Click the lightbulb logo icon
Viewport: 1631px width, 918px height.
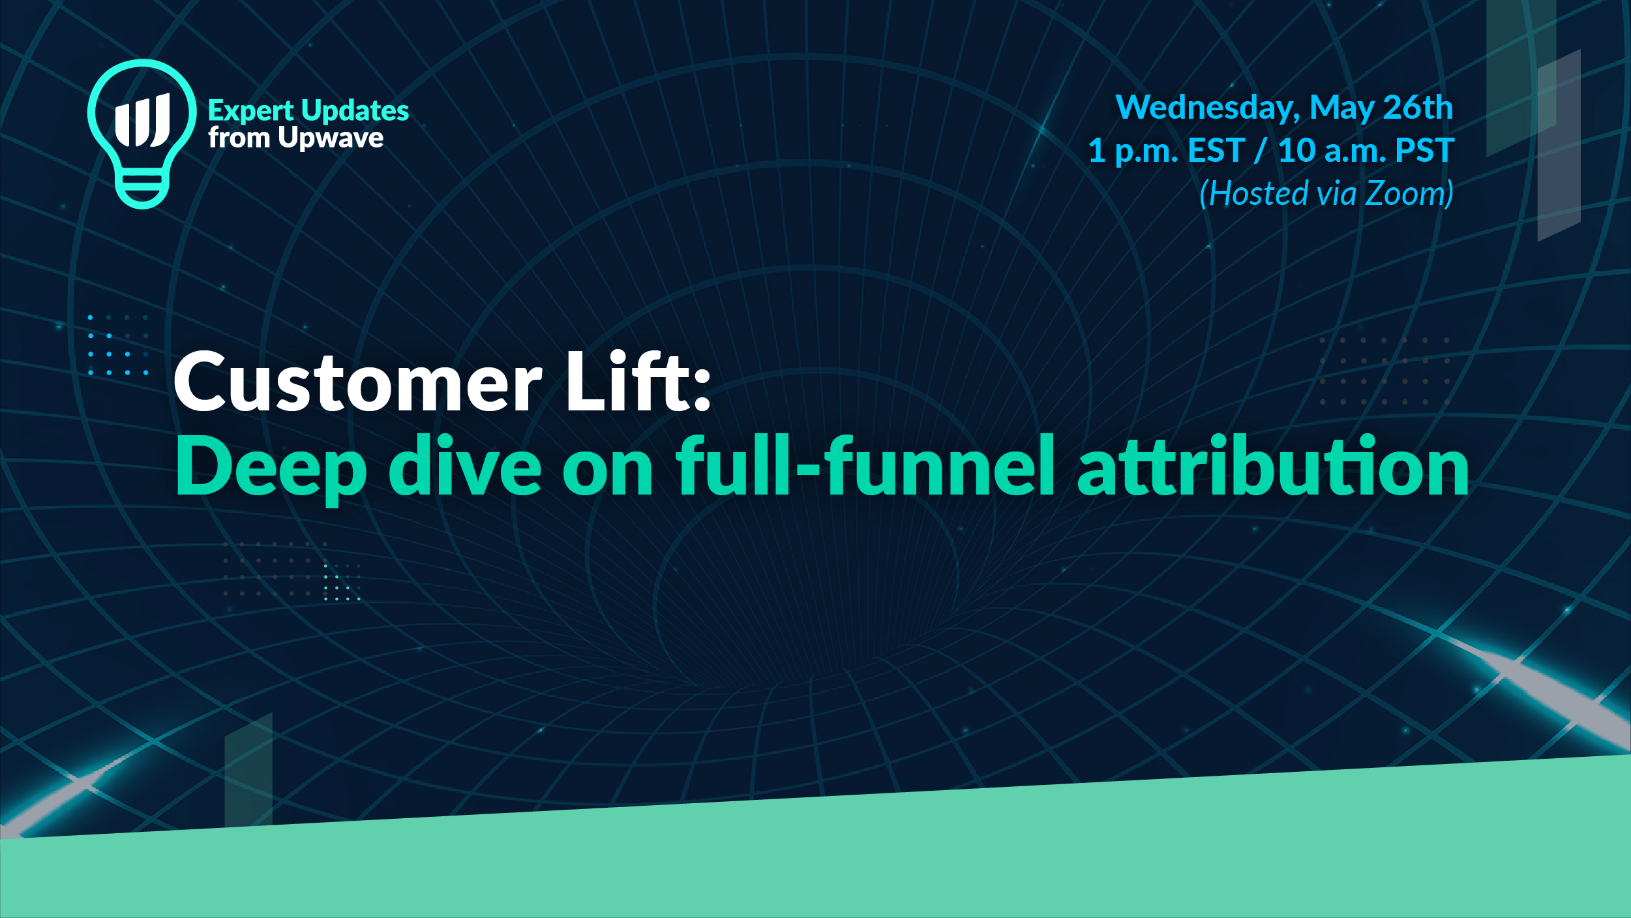(142, 134)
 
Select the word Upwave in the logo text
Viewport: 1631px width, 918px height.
(331, 138)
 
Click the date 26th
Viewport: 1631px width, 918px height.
(1418, 107)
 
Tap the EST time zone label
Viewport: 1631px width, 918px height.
(1217, 151)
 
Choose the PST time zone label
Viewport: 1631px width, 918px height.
(1425, 151)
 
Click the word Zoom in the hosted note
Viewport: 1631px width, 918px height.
(1409, 194)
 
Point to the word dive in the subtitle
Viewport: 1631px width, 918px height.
(465, 465)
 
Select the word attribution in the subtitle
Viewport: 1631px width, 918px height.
(1273, 466)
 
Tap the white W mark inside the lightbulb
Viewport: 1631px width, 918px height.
(143, 120)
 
